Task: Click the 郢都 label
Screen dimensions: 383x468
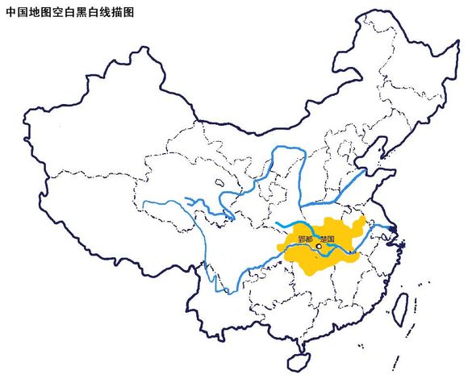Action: pos(305,239)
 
